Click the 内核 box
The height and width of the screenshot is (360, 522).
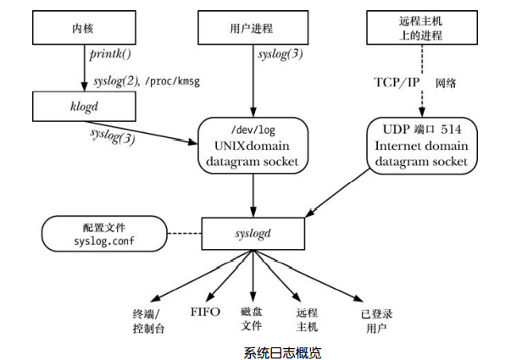(84, 29)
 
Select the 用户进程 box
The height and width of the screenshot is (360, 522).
(253, 29)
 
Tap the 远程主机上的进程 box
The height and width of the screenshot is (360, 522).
(420, 29)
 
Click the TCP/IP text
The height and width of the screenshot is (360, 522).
(397, 83)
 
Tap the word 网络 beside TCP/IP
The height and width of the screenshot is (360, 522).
(447, 83)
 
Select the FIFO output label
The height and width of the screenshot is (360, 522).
(204, 312)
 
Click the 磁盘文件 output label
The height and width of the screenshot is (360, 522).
(253, 318)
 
